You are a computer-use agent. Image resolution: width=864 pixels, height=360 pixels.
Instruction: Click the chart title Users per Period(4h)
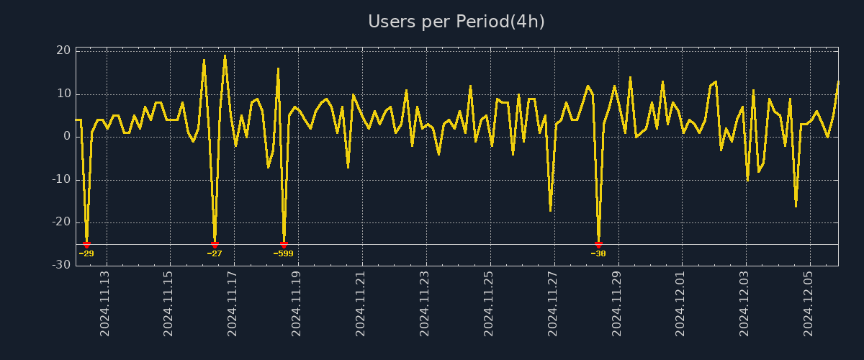456,22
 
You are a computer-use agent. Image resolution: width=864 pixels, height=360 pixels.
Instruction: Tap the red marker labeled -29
86,245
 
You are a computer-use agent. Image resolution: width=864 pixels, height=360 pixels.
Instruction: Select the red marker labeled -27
215,245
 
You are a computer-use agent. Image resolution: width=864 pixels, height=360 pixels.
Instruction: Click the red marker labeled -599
284,245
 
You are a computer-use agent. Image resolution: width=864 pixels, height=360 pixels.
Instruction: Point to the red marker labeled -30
598,245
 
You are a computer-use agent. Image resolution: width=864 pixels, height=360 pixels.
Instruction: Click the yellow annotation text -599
283,253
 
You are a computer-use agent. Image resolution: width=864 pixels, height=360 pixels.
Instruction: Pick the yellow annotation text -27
215,253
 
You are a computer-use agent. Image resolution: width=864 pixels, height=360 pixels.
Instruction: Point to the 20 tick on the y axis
63,50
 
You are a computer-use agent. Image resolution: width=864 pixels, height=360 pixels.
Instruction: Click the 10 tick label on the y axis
63,94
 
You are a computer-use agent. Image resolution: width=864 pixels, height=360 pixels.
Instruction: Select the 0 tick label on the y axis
67,136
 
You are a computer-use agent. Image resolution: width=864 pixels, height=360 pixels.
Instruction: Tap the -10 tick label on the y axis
61,179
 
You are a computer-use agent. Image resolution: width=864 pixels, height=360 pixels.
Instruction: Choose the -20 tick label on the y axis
61,222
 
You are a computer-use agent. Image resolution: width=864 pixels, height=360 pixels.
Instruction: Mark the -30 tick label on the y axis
61,265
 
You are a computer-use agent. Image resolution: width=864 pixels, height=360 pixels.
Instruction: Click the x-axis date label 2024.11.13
105,303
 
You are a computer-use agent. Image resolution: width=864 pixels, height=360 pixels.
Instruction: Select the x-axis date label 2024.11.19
297,303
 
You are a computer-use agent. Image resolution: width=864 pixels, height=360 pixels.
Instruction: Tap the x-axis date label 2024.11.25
488,303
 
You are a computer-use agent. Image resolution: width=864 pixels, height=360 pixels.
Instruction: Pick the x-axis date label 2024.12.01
680,303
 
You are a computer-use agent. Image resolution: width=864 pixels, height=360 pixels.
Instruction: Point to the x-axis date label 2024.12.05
809,303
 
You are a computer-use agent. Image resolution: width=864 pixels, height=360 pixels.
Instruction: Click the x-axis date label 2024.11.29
616,303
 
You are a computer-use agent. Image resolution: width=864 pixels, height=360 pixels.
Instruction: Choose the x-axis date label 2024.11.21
361,303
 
